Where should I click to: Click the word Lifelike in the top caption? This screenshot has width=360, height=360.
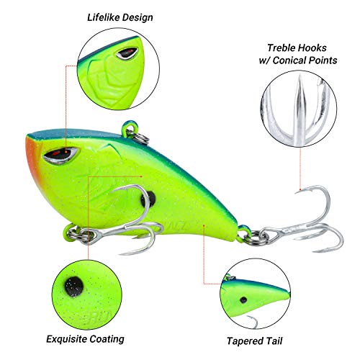[x=104, y=17]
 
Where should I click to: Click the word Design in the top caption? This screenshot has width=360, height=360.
[x=138, y=18]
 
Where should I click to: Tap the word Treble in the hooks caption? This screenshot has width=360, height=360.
[x=281, y=48]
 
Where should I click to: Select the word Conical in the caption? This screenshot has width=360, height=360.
[x=289, y=60]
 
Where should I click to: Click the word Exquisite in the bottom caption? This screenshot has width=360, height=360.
[x=66, y=339]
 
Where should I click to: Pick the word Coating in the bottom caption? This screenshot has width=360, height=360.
[x=107, y=340]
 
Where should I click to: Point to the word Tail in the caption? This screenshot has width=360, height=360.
[x=273, y=341]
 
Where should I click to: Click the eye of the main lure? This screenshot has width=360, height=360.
[x=60, y=155]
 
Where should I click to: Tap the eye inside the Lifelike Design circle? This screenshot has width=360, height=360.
[x=127, y=53]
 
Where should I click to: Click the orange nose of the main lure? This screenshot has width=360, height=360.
[x=32, y=156]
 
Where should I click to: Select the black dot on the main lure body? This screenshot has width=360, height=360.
[x=148, y=199]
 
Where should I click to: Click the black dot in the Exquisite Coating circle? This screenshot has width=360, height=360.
[x=74, y=287]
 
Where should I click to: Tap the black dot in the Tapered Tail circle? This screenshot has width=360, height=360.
[x=243, y=300]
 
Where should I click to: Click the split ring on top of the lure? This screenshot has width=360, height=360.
[x=140, y=137]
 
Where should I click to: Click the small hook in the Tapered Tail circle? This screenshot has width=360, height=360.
[x=253, y=322]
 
